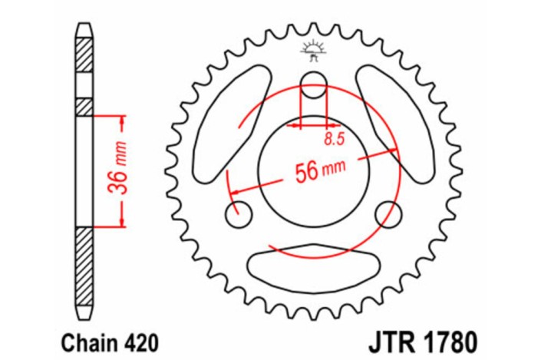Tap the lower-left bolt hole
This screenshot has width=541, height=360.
pyautogui.click(x=236, y=210)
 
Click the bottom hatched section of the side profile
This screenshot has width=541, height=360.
pyautogui.click(x=84, y=264)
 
